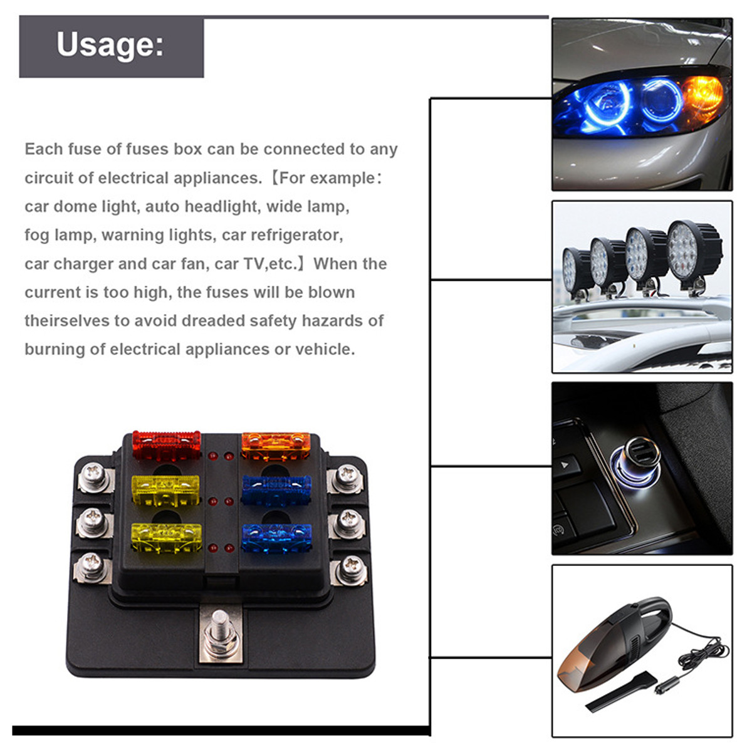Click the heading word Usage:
pyautogui.click(x=110, y=45)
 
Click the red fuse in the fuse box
pyautogui.click(x=166, y=445)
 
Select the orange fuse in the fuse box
pyautogui.click(x=276, y=445)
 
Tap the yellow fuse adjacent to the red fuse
pyautogui.click(x=165, y=489)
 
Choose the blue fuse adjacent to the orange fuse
pyautogui.click(x=276, y=489)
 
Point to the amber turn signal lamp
pyautogui.click(x=702, y=98)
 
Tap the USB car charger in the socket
pyautogui.click(x=635, y=461)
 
